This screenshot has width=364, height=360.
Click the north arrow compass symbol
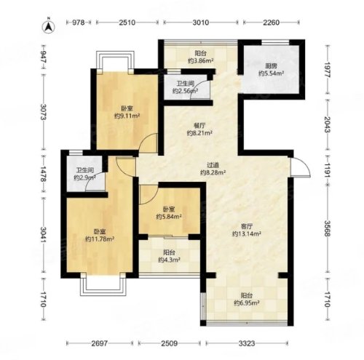pos(49,27)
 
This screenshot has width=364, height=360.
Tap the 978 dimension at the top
pos(79,23)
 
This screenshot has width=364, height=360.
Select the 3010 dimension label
pos(201,23)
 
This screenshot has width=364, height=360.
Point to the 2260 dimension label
pos(272,23)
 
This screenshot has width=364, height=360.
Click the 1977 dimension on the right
pos(328,70)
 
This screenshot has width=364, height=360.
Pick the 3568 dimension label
pos(328,228)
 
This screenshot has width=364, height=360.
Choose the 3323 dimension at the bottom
pos(247,343)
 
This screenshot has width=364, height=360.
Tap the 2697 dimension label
pos(100,343)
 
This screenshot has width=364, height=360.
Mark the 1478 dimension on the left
pos(44,174)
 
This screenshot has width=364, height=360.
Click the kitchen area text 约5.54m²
pos(272,73)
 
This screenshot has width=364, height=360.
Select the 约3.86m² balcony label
pos(201,60)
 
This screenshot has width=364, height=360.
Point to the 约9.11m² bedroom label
pos(127,116)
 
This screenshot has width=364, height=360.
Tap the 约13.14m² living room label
pos(247,233)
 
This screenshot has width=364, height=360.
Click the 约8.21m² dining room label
pos(199,133)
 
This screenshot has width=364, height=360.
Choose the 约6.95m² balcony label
pos(247,303)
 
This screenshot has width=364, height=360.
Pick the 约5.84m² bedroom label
pos(169,217)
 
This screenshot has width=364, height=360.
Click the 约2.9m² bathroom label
pos(84,177)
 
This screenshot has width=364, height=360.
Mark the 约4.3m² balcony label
pos(169,260)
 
